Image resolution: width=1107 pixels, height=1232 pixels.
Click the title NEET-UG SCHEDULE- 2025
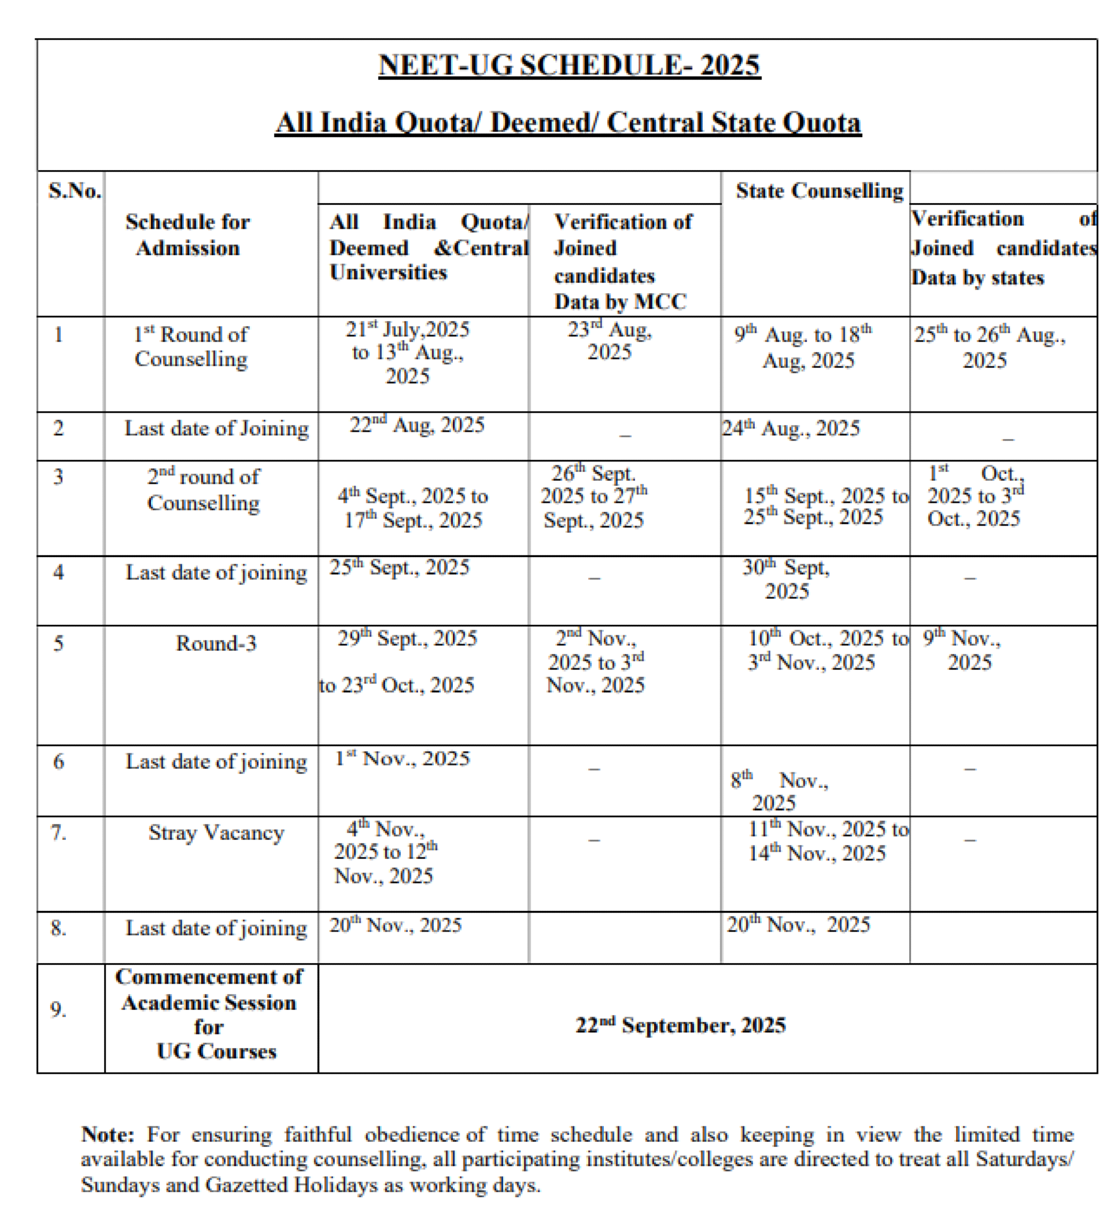point(569,65)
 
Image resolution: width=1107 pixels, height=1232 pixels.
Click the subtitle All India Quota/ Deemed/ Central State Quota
point(567,122)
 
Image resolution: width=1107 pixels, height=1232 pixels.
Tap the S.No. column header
point(74,191)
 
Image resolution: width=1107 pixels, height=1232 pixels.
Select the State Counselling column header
point(819,191)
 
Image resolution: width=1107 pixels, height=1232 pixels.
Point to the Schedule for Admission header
point(187,235)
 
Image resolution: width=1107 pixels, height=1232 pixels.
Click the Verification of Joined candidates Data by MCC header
point(622,262)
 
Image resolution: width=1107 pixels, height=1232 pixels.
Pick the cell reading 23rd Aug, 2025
point(609,341)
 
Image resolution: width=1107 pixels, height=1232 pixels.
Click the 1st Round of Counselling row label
point(191,347)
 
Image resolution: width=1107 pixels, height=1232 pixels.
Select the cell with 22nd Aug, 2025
point(417,425)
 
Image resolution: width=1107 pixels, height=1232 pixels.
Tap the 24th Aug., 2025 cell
point(791,429)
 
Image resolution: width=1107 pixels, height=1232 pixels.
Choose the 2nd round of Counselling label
point(203,490)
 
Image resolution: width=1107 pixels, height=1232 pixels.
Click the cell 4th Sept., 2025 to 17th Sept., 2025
point(413,508)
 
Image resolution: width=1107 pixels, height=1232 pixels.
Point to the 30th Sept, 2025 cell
point(786,579)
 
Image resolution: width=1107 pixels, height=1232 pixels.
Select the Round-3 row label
point(216,643)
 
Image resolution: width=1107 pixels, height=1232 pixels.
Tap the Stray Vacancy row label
point(216,832)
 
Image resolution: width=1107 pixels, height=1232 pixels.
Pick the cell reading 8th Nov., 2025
point(779,791)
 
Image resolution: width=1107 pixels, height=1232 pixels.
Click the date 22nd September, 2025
point(680,1025)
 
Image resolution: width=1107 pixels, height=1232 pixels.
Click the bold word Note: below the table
point(108,1135)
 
